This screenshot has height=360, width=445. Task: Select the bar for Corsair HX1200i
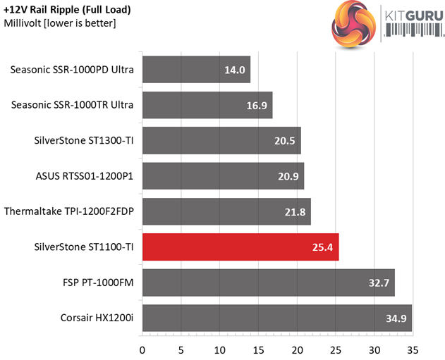(x=276, y=318)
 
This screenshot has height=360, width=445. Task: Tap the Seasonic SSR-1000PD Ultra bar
(x=196, y=70)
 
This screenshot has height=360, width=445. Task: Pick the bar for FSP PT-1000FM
(x=268, y=283)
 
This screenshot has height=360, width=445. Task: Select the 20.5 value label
(x=285, y=140)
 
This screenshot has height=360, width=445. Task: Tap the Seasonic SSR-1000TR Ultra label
(x=73, y=105)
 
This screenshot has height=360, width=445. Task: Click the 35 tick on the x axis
(x=413, y=349)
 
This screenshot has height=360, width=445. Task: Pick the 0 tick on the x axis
(x=142, y=349)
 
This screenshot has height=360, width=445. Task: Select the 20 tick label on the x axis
(x=297, y=349)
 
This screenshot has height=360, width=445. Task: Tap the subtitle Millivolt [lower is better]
(x=60, y=23)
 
